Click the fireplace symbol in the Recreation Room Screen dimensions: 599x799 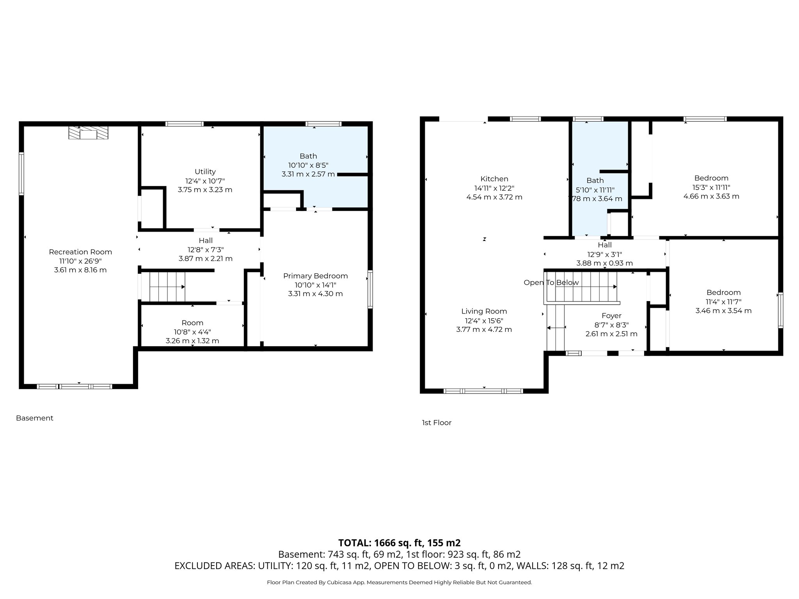[88, 133]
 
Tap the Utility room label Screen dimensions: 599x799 [205, 172]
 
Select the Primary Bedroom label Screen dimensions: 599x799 [315, 276]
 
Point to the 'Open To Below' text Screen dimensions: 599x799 [551, 283]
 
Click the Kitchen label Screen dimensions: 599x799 [494, 179]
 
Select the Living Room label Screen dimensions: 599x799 [484, 311]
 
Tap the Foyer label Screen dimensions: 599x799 [611, 316]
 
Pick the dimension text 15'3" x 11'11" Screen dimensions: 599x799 [711, 188]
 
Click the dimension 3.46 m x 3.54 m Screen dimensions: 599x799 [723, 311]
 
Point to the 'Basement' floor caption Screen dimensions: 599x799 [35, 418]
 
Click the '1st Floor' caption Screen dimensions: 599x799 [437, 423]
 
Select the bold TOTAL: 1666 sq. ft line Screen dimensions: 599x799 [399, 543]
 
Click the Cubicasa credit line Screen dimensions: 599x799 [399, 583]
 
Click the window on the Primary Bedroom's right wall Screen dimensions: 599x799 [370, 290]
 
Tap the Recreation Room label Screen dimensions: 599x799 [80, 252]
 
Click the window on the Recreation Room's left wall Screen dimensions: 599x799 [21, 174]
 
